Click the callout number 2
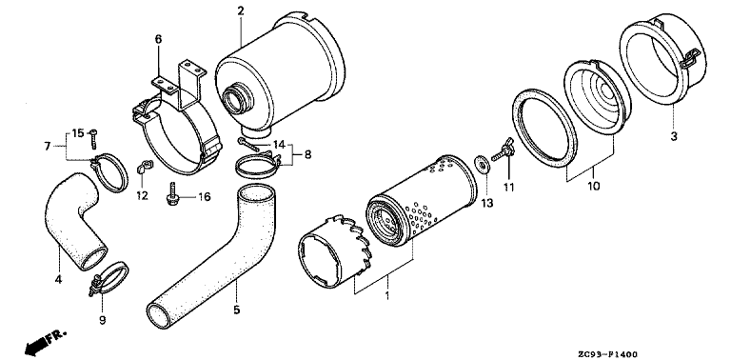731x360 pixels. [241, 11]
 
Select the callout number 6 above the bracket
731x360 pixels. [159, 39]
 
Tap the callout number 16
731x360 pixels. [205, 197]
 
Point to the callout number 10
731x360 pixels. [594, 187]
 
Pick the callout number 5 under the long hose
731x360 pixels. [237, 310]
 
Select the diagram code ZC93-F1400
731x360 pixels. [608, 354]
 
